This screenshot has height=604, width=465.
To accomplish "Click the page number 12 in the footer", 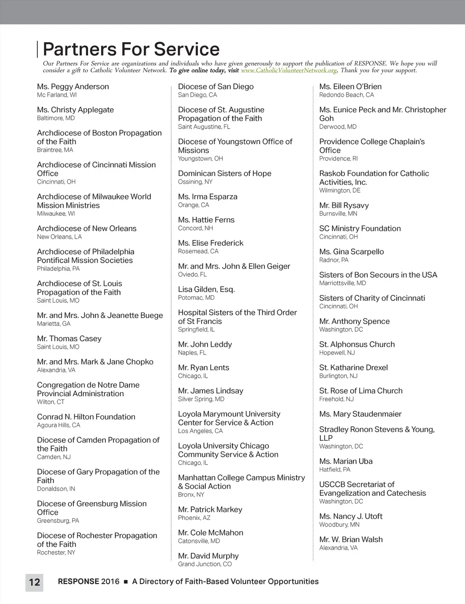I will point(35,582).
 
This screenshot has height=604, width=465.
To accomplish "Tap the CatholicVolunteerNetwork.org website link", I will point(289,70).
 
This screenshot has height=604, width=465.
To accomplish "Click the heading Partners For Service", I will point(131,49).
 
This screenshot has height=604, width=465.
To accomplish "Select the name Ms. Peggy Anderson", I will point(73,86).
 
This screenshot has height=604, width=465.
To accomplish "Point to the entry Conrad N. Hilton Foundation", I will point(86,417).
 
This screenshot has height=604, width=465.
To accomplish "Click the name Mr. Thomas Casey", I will point(69,339).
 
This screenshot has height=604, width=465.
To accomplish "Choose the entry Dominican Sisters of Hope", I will point(225,174).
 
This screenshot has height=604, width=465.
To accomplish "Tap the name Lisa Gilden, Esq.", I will point(207,290).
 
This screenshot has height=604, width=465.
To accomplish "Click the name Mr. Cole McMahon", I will point(211,533).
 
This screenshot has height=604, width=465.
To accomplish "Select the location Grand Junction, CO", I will point(205,564).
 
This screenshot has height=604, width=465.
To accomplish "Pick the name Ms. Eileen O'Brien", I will point(351,86).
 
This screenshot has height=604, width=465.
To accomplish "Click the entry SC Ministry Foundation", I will point(360,229).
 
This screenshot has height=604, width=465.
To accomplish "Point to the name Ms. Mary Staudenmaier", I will point(361,414).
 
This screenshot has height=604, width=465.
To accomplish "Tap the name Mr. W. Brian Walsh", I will point(351,539).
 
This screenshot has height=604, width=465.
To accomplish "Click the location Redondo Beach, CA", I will point(346,95).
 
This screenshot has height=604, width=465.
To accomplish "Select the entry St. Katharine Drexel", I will point(354,368).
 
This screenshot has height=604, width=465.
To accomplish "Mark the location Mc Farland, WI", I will point(57,95).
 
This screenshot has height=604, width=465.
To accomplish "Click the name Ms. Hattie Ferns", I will point(207,220).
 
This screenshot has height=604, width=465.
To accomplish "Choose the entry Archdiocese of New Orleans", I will point(87,229).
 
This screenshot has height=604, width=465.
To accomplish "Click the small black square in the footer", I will point(126,582).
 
